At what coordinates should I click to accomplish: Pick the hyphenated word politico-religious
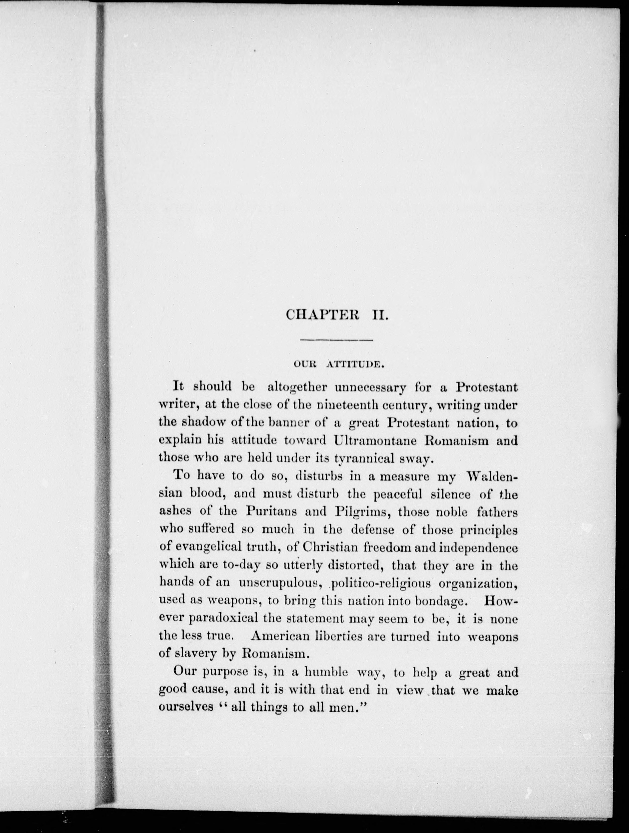coord(381,583)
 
